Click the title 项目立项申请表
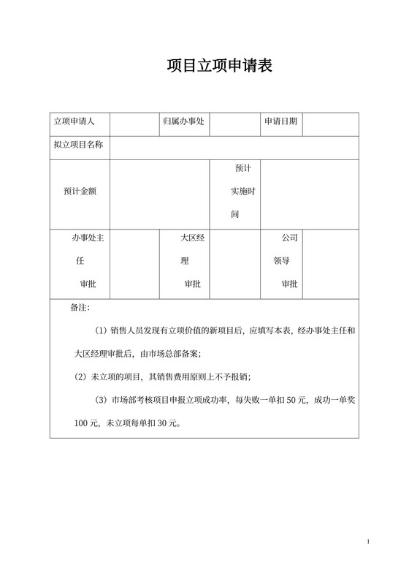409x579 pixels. (219, 67)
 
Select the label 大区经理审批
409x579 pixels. (191, 261)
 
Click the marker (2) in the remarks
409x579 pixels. (81, 377)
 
